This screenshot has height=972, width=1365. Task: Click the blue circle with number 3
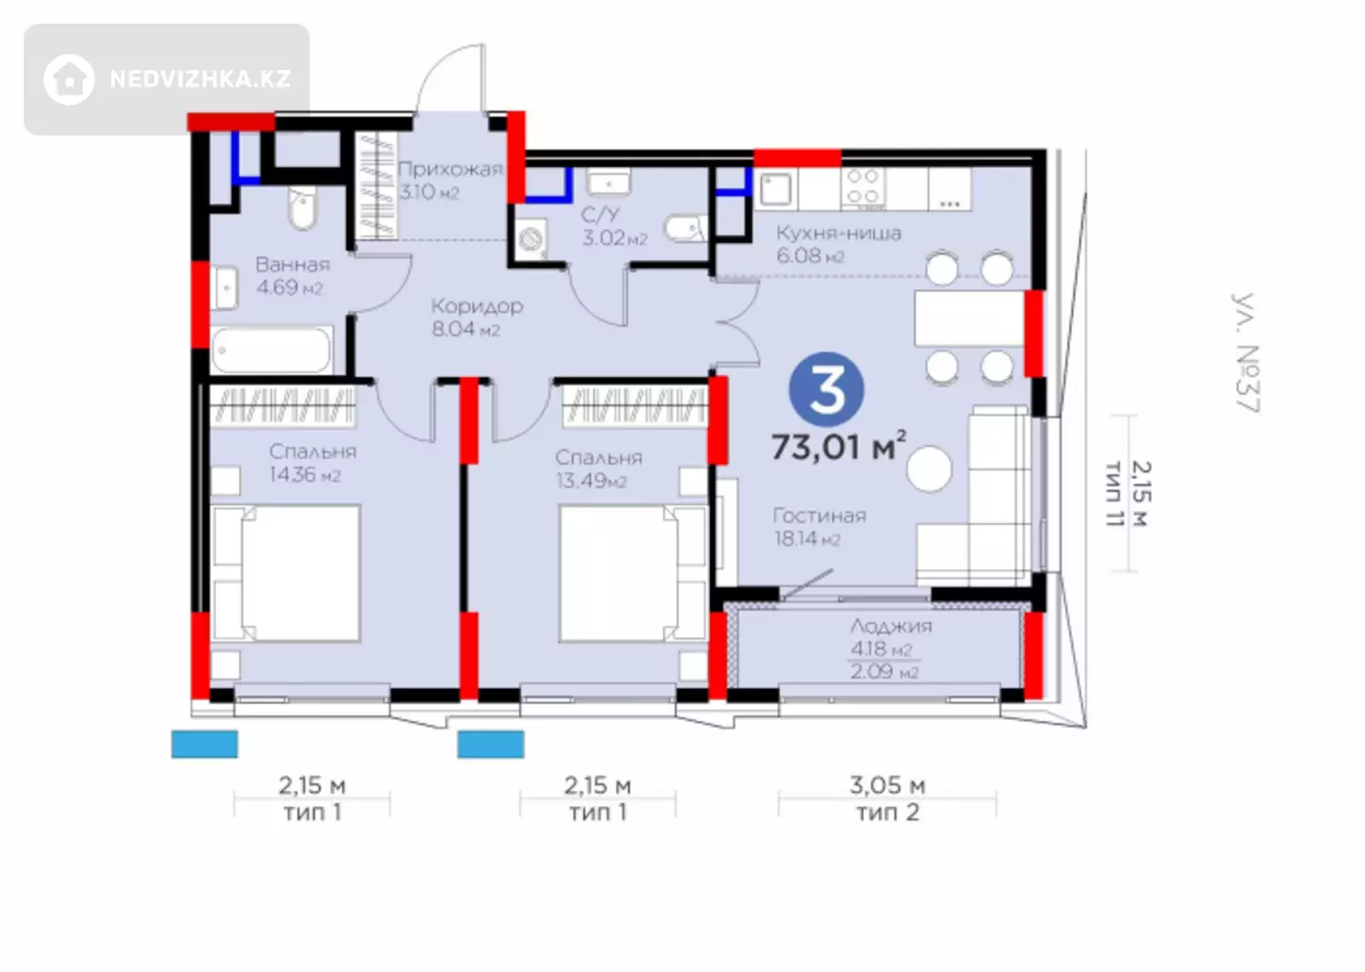pos(827,389)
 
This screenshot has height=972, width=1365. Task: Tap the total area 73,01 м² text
pos(839,447)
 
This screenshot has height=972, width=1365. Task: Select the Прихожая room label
pos(449,169)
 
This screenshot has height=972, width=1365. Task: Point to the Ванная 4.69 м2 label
pos(293,276)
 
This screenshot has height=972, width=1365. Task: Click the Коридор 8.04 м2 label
pos(477,317)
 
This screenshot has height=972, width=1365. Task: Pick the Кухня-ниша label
pos(839,233)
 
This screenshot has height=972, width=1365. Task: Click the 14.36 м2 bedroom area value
pos(304,475)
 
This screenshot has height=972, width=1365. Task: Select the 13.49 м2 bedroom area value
pos(591,481)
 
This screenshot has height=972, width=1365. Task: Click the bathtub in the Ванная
pos(272,351)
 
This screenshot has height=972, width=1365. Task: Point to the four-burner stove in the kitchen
pos(863,187)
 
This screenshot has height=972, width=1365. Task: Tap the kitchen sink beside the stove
pos(775,188)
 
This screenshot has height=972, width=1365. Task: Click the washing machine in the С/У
pos(531,239)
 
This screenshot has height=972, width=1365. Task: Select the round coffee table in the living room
pos(929,468)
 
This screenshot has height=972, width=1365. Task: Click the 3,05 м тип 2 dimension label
pos(888,799)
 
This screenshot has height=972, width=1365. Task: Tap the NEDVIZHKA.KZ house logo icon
pos(69,80)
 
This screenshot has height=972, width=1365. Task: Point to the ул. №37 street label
pos(1246,353)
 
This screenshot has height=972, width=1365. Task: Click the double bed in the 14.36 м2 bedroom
pos(286,573)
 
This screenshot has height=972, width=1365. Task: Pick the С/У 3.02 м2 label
pos(614,225)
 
